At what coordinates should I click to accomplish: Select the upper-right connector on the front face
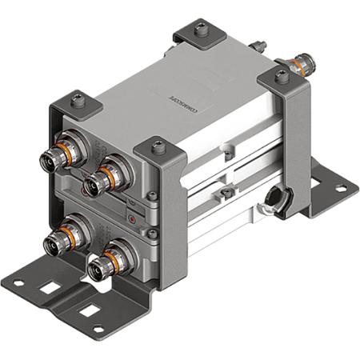coord(98,181)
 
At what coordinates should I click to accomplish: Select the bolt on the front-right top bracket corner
coord(159,147)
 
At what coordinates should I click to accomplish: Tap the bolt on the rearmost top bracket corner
coord(200,30)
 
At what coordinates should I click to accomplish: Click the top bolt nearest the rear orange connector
coord(282,76)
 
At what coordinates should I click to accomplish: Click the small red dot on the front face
coord(132,217)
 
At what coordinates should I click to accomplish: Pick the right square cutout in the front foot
coord(89,309)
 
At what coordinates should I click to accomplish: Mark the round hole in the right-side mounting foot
coord(340,189)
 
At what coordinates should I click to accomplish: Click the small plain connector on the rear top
coord(258,45)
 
